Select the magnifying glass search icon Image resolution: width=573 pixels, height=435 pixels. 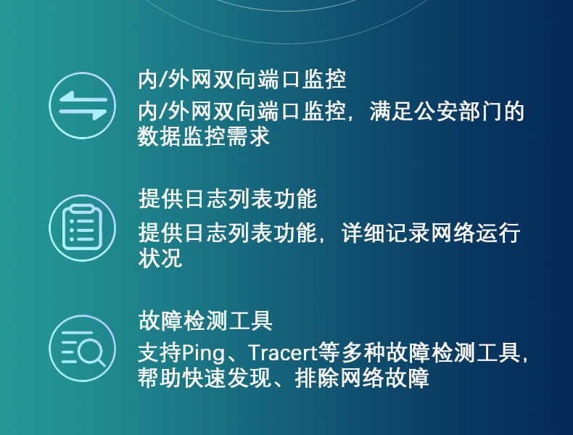point(82,349)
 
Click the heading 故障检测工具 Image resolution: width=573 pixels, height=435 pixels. point(205,320)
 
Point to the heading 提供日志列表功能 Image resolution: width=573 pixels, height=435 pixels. point(228,199)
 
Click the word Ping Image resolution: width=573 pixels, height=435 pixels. point(204,353)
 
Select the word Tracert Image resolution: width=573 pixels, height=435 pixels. point(282,352)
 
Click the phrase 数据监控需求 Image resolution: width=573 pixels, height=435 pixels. point(204,136)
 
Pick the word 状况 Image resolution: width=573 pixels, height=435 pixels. point(160,258)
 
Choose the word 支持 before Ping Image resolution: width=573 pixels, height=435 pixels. point(160,353)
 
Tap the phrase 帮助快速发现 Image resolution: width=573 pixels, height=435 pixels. point(205,378)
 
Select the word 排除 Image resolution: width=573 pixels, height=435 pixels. point(317,378)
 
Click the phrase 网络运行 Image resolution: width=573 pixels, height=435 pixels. point(475,233)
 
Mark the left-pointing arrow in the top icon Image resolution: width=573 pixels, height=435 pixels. point(83,98)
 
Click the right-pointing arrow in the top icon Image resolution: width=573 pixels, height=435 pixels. point(83,114)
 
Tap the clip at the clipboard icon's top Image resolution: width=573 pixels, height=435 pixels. point(82,210)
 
